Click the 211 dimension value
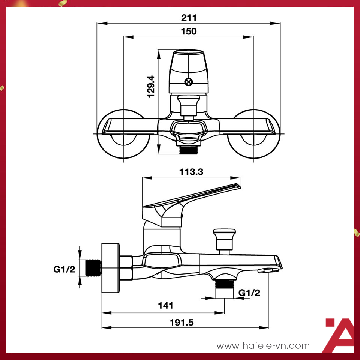click(189, 17)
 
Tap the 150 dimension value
click(189, 31)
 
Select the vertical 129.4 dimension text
click(151, 86)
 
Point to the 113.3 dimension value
click(191, 172)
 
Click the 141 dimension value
click(166, 305)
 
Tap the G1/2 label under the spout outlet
click(249, 292)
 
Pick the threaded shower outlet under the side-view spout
click(224, 283)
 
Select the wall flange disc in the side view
click(110, 268)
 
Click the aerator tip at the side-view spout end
click(265, 270)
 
